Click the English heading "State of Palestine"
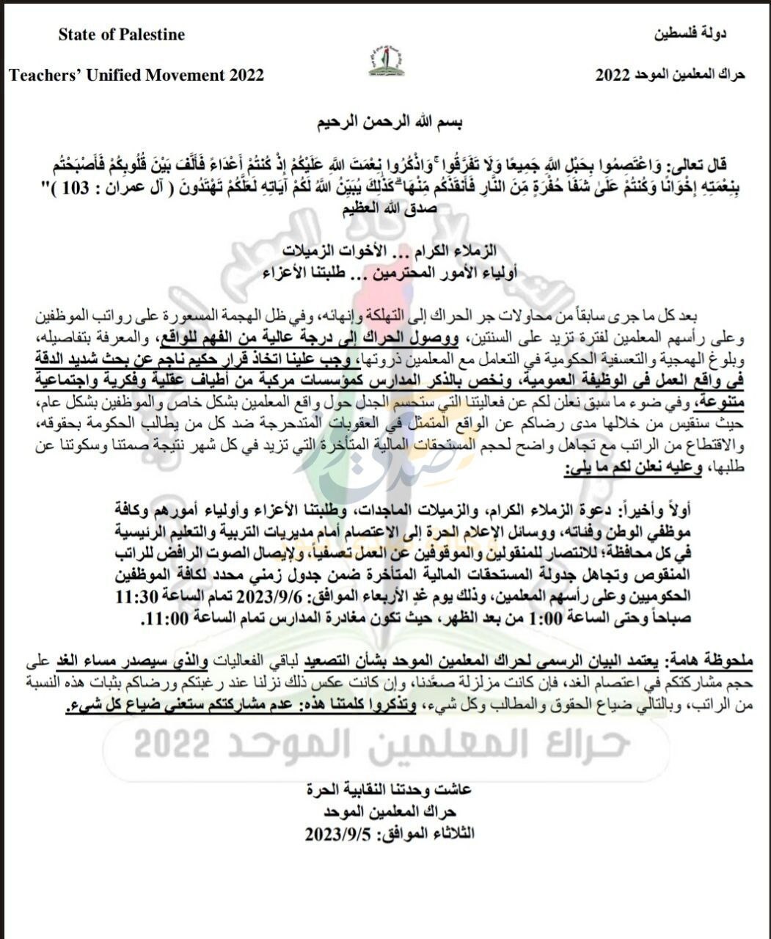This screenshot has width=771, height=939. tap(122, 34)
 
